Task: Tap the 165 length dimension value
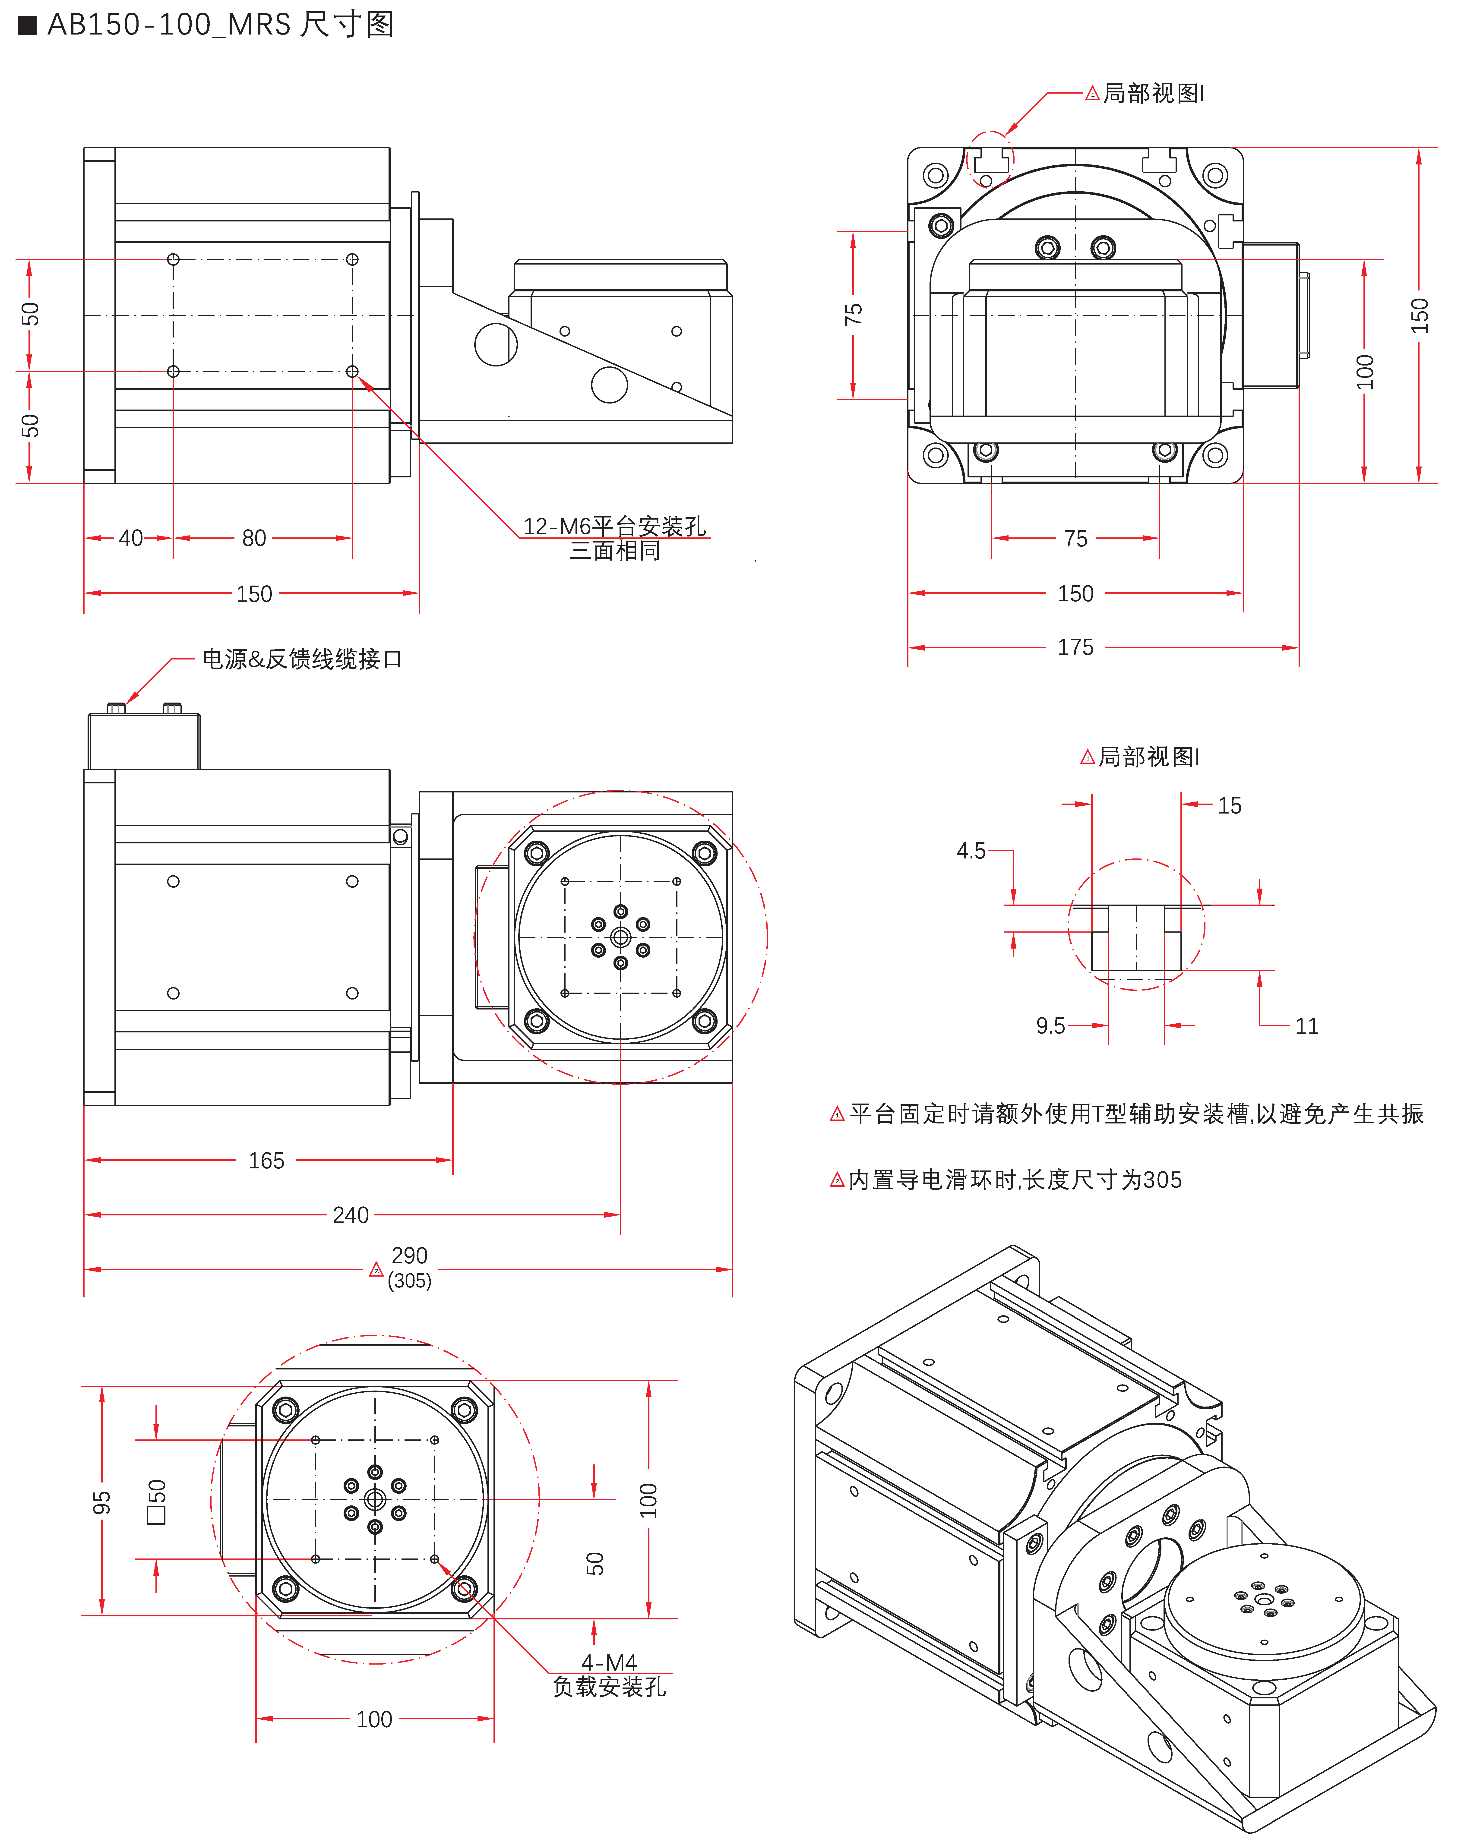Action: (x=266, y=1161)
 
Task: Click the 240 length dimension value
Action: (x=351, y=1215)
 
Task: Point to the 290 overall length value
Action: (x=409, y=1255)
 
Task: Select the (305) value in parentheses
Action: (x=409, y=1281)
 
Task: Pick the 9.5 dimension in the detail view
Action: (x=1050, y=1026)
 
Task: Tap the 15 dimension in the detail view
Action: (x=1229, y=806)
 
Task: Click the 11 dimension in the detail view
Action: (x=1307, y=1026)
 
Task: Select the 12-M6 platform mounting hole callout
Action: (x=614, y=526)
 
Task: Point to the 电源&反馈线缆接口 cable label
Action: (x=301, y=659)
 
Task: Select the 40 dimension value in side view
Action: (x=130, y=538)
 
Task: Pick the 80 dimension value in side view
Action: (x=254, y=538)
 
